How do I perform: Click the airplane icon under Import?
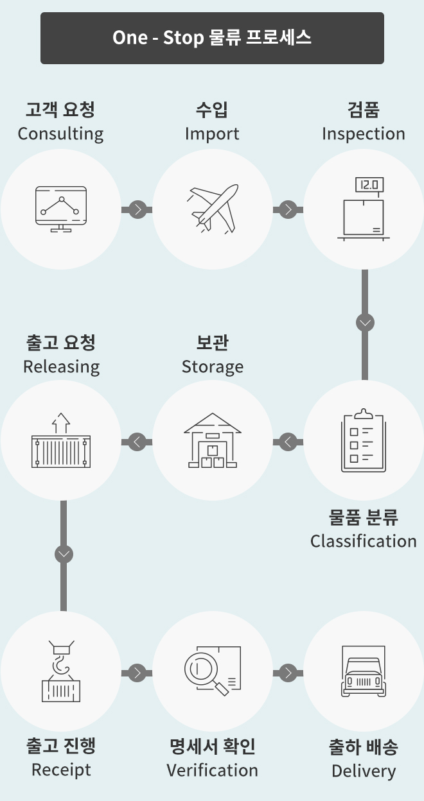pos(213,209)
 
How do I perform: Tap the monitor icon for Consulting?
pos(61,209)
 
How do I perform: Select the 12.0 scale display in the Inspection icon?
pos(369,185)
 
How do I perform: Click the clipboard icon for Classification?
pos(364,440)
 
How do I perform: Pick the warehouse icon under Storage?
pos(213,440)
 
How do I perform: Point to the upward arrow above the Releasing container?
pos(61,423)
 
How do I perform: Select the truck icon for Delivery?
pos(364,671)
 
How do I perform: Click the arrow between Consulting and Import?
pos(137,209)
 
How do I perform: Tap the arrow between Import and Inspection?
pos(288,209)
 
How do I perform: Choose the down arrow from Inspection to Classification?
pos(365,323)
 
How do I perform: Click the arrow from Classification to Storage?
pos(288,442)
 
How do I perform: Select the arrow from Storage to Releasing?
pos(137,442)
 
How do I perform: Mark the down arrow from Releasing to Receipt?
pos(64,555)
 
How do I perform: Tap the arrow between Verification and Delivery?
pos(288,673)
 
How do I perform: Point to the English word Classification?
pos(364,541)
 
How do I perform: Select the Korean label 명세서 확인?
pos(213,746)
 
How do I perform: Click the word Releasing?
pos(61,367)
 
